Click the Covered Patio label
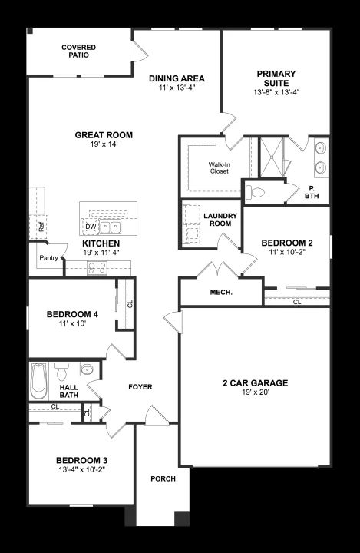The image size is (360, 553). [x=78, y=51]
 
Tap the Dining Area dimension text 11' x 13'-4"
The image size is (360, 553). [x=177, y=88]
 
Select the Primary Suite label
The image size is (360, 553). [x=276, y=78]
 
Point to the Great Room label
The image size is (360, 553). [x=104, y=135]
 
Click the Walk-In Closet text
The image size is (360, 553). [x=219, y=168]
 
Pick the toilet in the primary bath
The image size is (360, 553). [x=255, y=192]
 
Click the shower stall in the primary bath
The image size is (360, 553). [x=272, y=157]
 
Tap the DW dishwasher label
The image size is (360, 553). [x=91, y=227]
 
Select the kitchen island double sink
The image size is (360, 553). [x=110, y=227]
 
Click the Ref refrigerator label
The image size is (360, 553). [x=41, y=227]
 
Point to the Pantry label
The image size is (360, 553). [x=48, y=258]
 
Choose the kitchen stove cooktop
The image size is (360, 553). [x=97, y=268]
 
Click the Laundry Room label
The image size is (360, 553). [x=220, y=220]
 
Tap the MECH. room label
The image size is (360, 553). [x=221, y=293]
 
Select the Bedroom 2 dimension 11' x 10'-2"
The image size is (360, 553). [x=286, y=252]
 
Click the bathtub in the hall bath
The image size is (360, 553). [x=38, y=381]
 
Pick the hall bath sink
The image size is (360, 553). [x=87, y=369]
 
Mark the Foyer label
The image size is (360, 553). [x=140, y=387]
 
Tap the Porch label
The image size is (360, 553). [x=163, y=478]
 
